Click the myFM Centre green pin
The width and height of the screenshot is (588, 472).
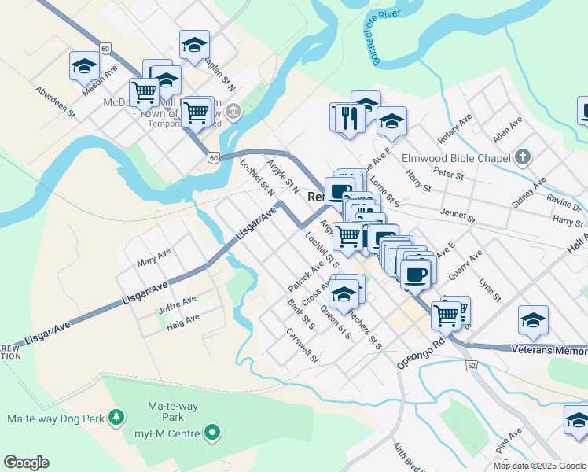[x=211, y=432]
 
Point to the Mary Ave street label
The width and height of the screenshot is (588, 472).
[x=153, y=260]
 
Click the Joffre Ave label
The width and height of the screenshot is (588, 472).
[x=178, y=304]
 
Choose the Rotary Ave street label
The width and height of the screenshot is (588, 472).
[x=454, y=128]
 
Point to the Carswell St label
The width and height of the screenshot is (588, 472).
[x=302, y=346]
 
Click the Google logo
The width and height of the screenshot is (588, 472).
[x=26, y=463]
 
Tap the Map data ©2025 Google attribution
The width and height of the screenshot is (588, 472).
[x=540, y=466]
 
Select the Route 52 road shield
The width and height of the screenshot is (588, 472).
[x=471, y=366]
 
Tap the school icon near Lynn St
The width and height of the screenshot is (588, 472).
[x=533, y=321]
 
